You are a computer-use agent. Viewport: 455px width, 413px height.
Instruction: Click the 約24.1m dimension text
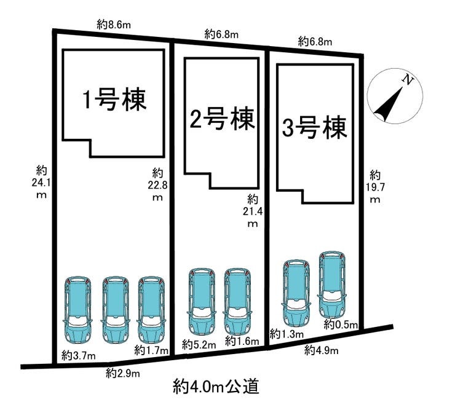click(41, 182)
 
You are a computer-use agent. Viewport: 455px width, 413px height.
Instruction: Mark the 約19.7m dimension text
click(374, 187)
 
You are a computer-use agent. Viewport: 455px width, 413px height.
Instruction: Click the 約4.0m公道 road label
click(215, 387)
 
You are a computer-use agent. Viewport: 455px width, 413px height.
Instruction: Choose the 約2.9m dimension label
click(122, 373)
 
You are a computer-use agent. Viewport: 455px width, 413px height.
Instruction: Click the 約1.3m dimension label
click(287, 334)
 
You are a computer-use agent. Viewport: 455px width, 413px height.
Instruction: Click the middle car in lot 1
click(115, 309)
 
